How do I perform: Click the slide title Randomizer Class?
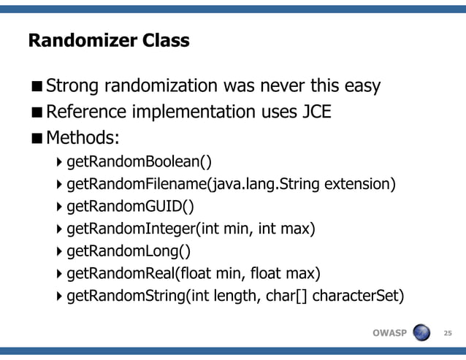[x=109, y=40]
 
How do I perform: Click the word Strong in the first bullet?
[x=74, y=86]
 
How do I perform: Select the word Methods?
[x=83, y=137]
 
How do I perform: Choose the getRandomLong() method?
[x=129, y=252]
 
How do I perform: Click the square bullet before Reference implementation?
[x=36, y=112]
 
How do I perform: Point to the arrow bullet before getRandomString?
[x=59, y=297]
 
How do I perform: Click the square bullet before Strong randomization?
[x=36, y=87]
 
